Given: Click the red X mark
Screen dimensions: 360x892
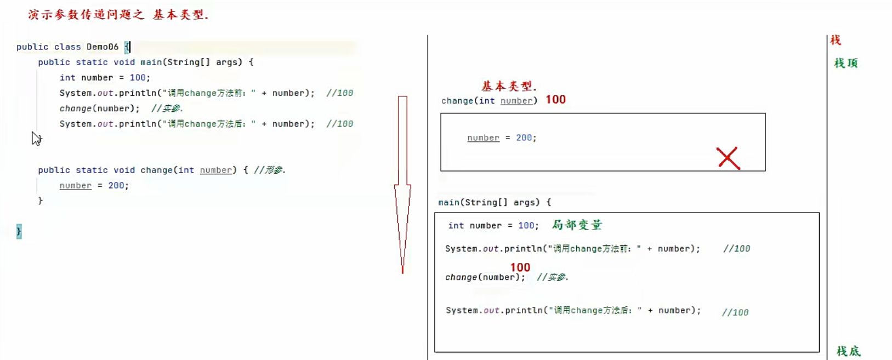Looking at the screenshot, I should [x=728, y=158].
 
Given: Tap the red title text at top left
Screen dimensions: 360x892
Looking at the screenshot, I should [x=118, y=15].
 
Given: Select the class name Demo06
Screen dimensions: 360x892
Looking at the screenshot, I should [x=103, y=47].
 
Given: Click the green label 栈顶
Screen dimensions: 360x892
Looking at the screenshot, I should [x=845, y=63].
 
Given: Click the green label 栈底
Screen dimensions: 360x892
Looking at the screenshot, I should [x=848, y=351].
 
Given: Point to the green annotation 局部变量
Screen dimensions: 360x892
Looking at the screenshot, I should [x=577, y=225].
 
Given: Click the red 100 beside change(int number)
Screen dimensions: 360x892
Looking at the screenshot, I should [x=555, y=100].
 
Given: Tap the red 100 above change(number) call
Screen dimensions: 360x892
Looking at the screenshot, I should [x=520, y=267].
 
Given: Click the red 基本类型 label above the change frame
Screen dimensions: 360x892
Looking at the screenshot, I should [x=508, y=86].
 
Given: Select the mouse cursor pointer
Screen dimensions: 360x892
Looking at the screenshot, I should [x=36, y=139].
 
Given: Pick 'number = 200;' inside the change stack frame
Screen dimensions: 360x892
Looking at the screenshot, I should [x=502, y=138].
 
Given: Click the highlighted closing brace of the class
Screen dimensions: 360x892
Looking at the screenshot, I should [x=19, y=231].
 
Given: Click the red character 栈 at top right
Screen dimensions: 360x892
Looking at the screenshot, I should [x=836, y=39].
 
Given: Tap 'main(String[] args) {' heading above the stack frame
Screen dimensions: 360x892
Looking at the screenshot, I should [x=495, y=203].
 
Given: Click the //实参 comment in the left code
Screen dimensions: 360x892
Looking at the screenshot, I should [x=167, y=108].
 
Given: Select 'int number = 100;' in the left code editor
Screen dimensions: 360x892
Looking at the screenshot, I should [x=105, y=78].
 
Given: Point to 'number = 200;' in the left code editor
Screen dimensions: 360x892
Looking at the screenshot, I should [x=94, y=186].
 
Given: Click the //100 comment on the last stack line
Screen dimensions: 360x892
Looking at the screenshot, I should [x=735, y=312].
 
